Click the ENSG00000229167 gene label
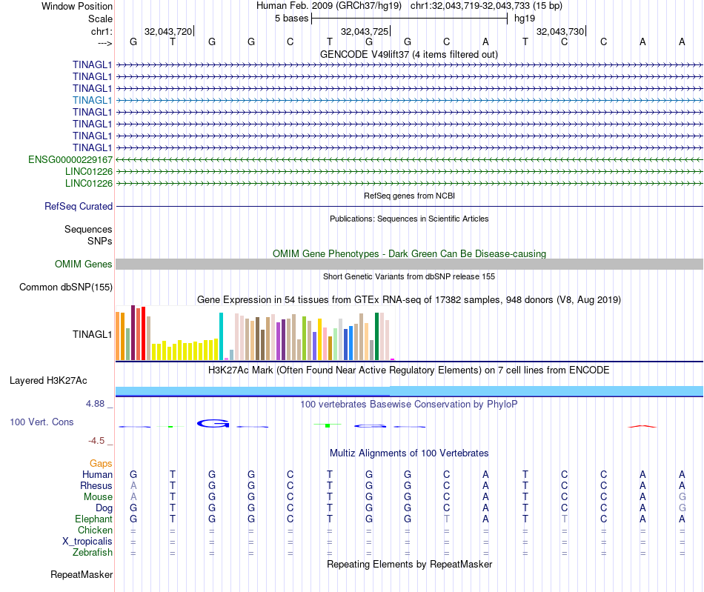tap(70, 159)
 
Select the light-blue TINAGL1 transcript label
tap(93, 100)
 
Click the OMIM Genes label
tap(84, 265)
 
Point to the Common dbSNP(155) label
tap(66, 287)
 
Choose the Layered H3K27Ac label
tap(48, 381)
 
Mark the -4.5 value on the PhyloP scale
tap(97, 441)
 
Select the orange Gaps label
tap(101, 463)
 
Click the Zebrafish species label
tap(93, 552)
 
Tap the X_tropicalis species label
tap(87, 541)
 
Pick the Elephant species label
tap(93, 519)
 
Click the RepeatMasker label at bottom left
tap(82, 574)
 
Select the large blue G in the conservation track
tap(213, 424)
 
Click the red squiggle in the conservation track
tap(642, 427)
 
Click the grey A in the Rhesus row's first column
tap(133, 485)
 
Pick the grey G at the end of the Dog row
tap(682, 508)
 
